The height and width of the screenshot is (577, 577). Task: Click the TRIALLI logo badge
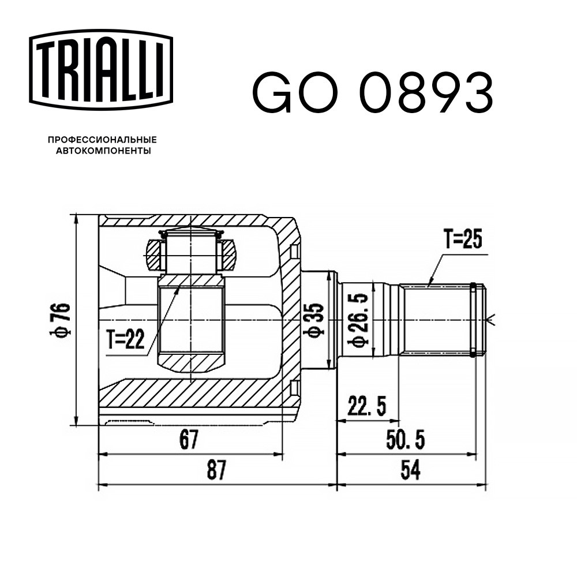point(101,70)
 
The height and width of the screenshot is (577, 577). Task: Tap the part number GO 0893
point(372,91)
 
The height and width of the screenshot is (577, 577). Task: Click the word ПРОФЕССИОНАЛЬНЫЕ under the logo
point(103,140)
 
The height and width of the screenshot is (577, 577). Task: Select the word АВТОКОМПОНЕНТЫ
point(103,151)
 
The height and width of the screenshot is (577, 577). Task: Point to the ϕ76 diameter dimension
point(60,320)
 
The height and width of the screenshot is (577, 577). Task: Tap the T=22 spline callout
point(125,339)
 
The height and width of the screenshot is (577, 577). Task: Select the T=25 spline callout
point(463,239)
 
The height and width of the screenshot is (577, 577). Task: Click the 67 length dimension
point(189,439)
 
